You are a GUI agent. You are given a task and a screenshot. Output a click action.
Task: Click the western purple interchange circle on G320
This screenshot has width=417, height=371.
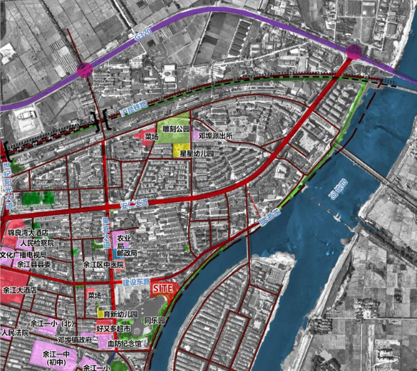click(x=85, y=69)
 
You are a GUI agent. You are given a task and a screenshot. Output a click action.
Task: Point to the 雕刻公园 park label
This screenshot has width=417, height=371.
click(x=176, y=130)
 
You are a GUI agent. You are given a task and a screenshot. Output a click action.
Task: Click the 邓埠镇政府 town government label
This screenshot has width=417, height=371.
click(x=75, y=340)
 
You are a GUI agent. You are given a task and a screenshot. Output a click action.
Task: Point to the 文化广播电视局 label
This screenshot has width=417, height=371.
click(x=23, y=254)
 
